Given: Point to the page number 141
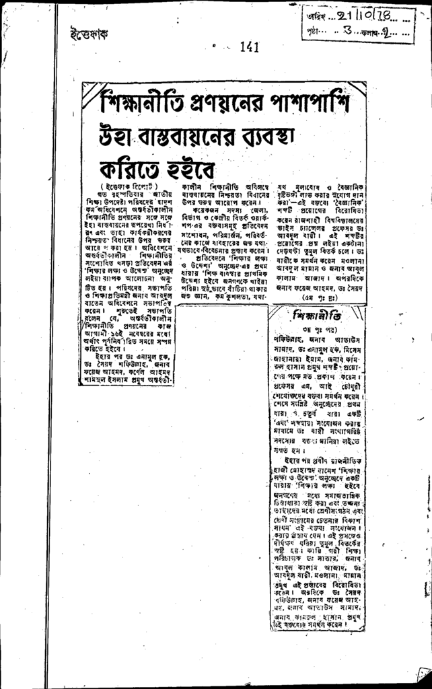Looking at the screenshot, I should point(249,47).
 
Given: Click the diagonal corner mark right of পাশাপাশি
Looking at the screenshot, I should point(357,91).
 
